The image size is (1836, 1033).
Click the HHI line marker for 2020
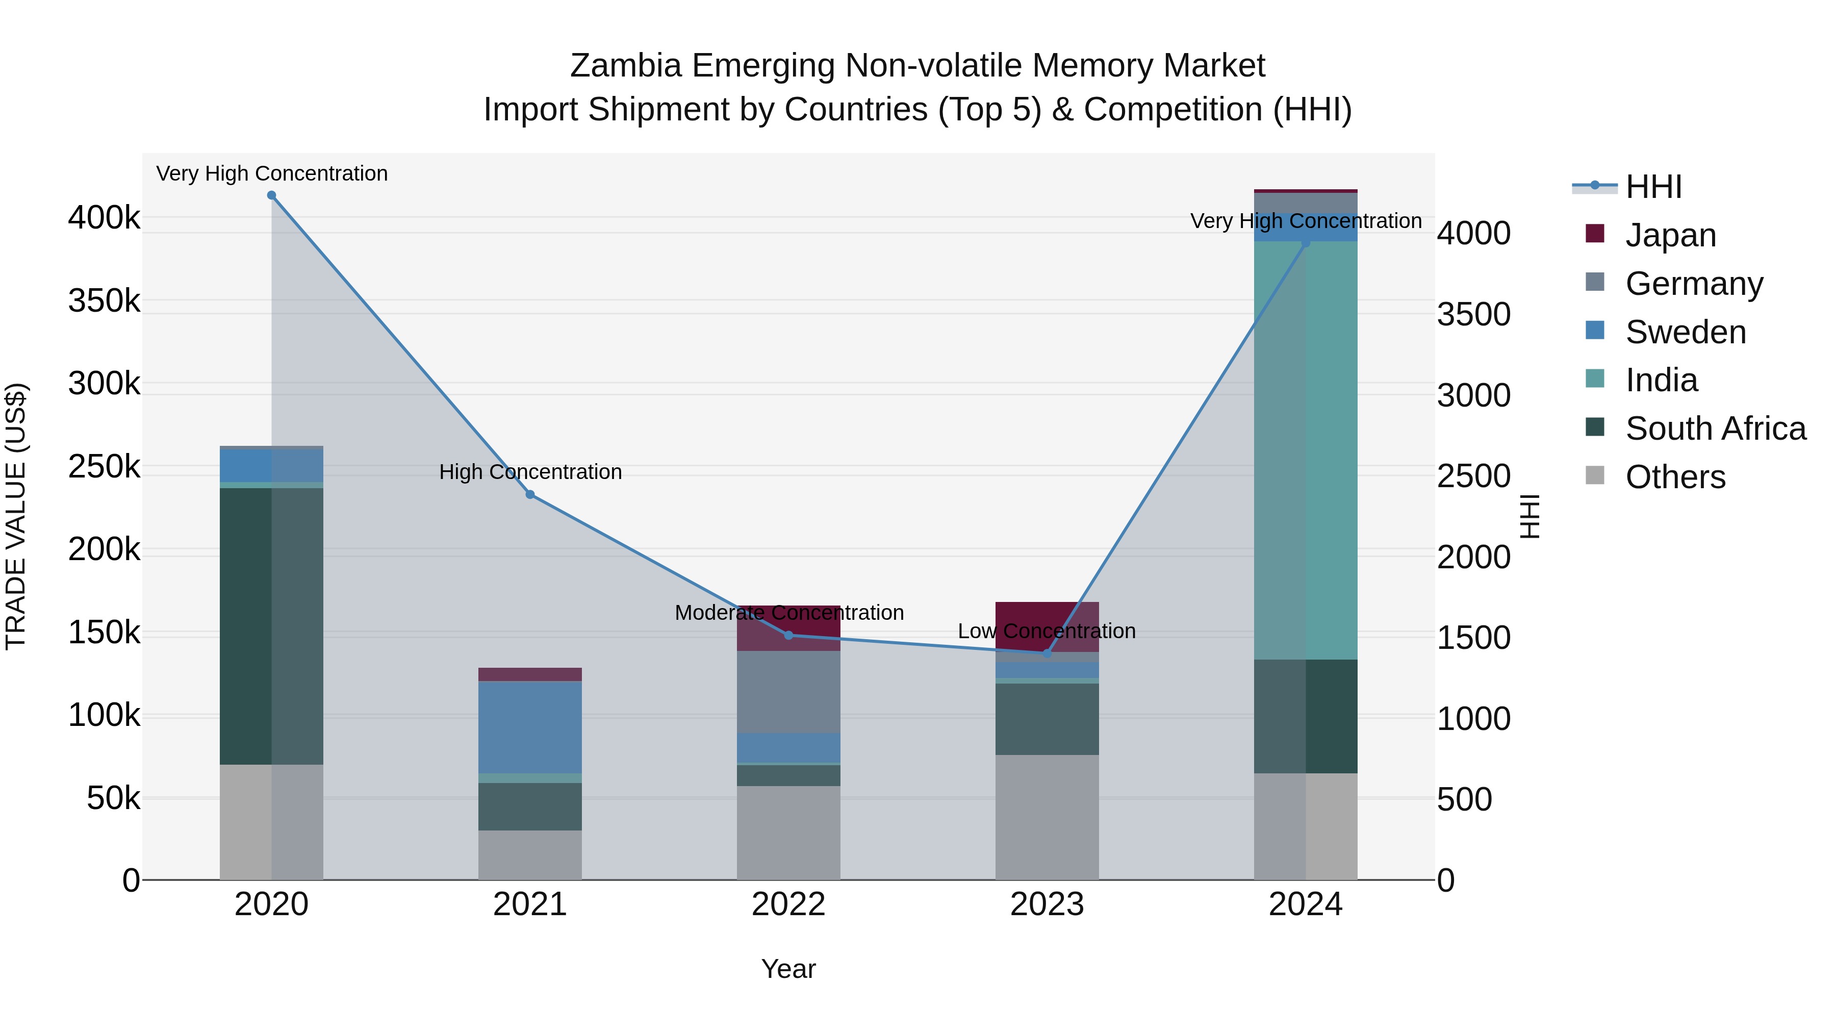click(271, 195)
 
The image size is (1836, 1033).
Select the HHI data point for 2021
click(530, 495)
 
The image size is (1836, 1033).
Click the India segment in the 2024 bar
click(1306, 449)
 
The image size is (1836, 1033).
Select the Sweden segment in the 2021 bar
click(530, 727)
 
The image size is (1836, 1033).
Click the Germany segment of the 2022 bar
click(788, 692)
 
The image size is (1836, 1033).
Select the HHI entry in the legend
click(1653, 187)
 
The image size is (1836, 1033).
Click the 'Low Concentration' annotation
click(1047, 632)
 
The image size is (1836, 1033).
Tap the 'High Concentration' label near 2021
click(530, 472)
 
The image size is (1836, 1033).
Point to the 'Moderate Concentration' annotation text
click(789, 613)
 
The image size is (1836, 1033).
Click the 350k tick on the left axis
click(104, 301)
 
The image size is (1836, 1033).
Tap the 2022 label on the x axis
click(788, 904)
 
